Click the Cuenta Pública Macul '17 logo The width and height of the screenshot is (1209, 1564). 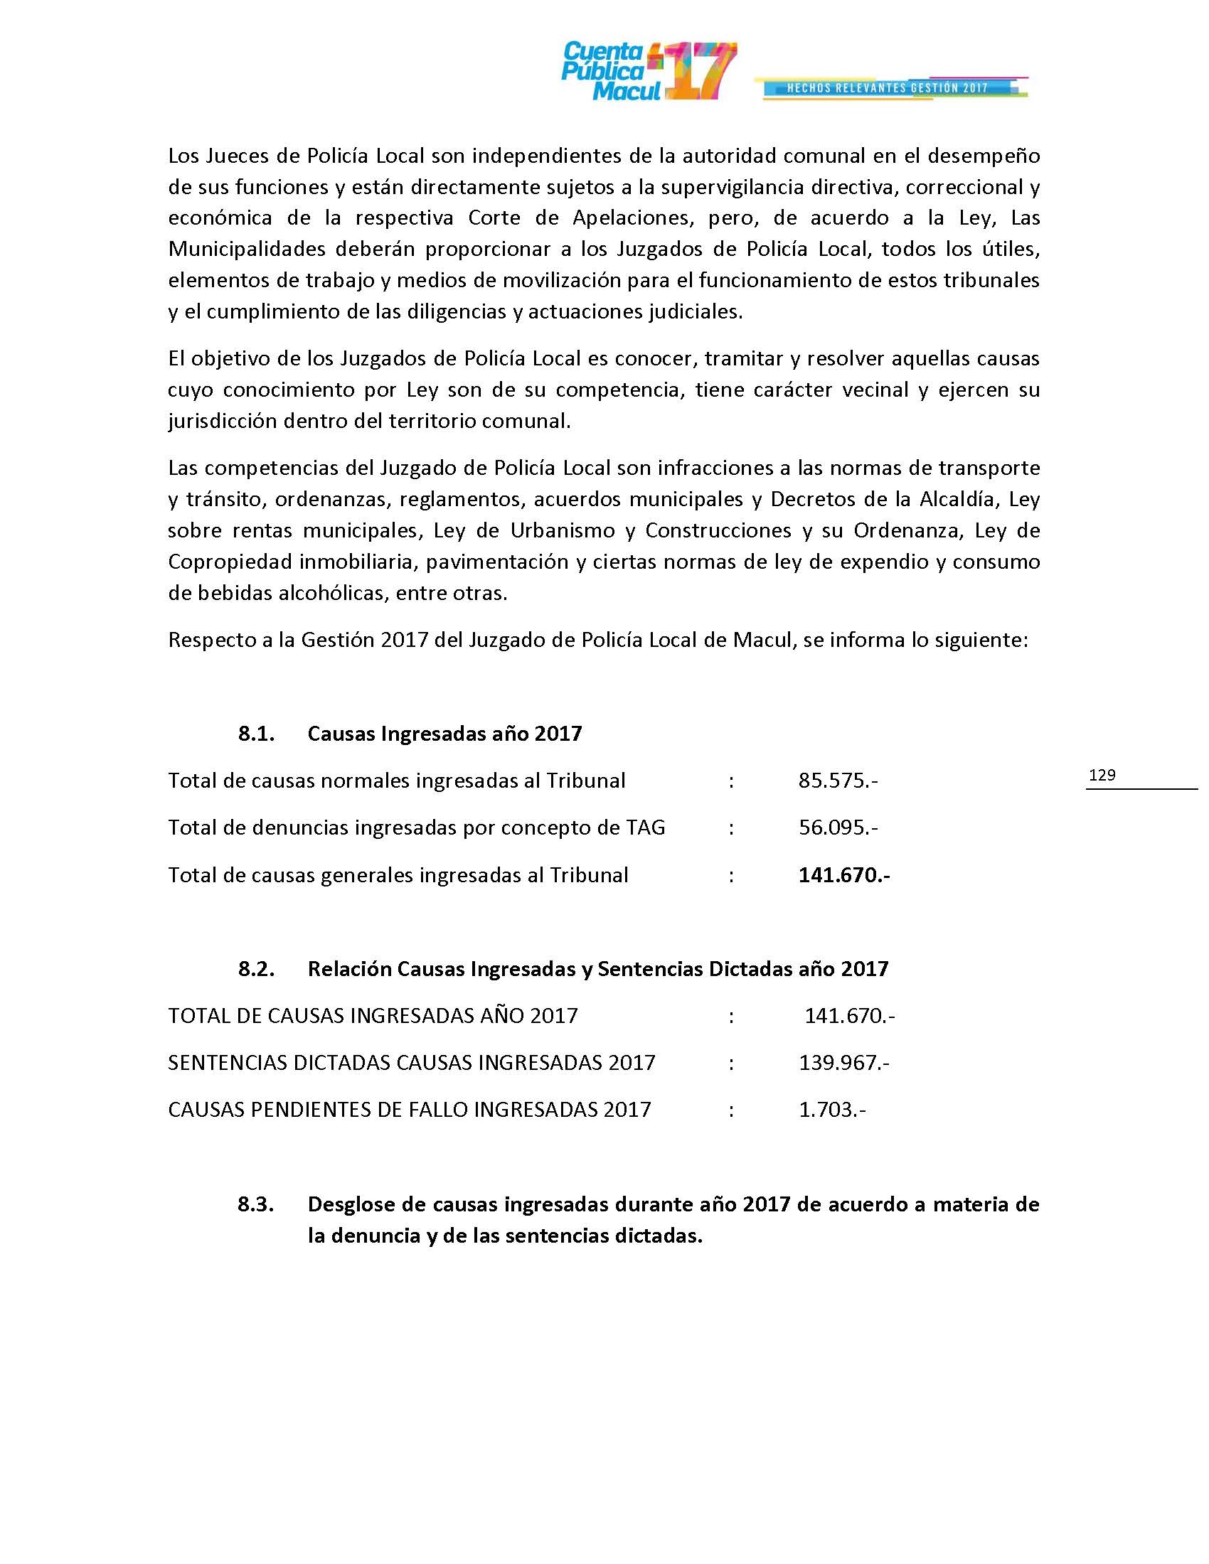tap(648, 72)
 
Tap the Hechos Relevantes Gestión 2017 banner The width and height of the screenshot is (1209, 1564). tap(888, 88)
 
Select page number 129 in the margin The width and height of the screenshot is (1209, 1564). tap(1102, 775)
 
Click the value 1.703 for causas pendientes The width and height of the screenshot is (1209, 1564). tap(831, 1109)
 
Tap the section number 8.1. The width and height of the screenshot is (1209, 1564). tap(257, 734)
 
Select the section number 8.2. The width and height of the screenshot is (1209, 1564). tap(257, 969)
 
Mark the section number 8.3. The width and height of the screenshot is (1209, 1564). tap(257, 1204)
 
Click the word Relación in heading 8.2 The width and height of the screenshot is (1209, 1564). tap(349, 969)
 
